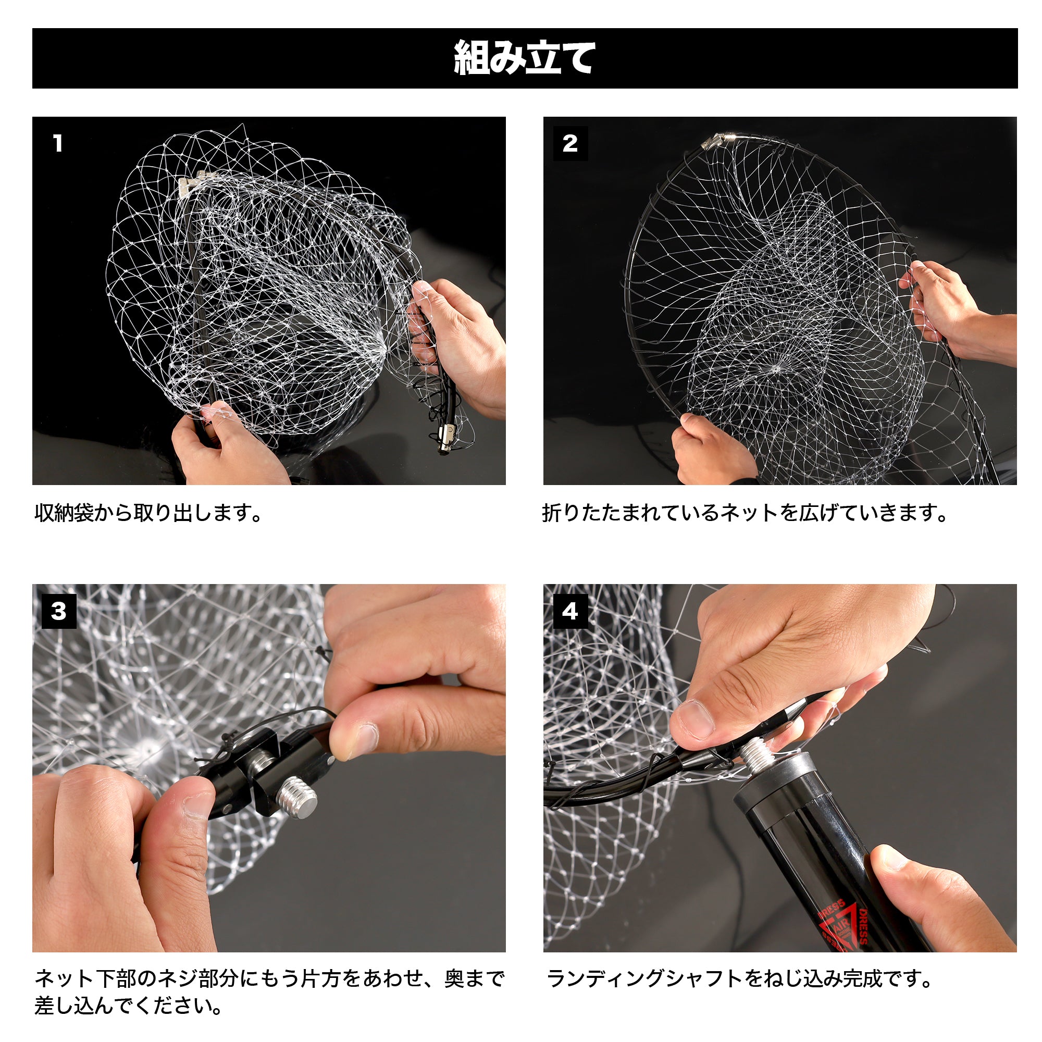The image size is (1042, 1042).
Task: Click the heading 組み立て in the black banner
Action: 524,58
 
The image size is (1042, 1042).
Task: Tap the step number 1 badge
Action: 58,143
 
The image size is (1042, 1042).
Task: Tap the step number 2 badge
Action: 570,143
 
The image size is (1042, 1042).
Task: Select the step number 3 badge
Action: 59,612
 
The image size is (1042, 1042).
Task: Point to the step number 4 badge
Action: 570,612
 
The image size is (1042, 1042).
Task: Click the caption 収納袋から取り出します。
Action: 149,512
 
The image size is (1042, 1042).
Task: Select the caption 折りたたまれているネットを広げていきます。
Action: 746,512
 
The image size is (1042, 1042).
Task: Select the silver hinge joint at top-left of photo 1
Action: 192,182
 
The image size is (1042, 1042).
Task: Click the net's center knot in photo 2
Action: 776,369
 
